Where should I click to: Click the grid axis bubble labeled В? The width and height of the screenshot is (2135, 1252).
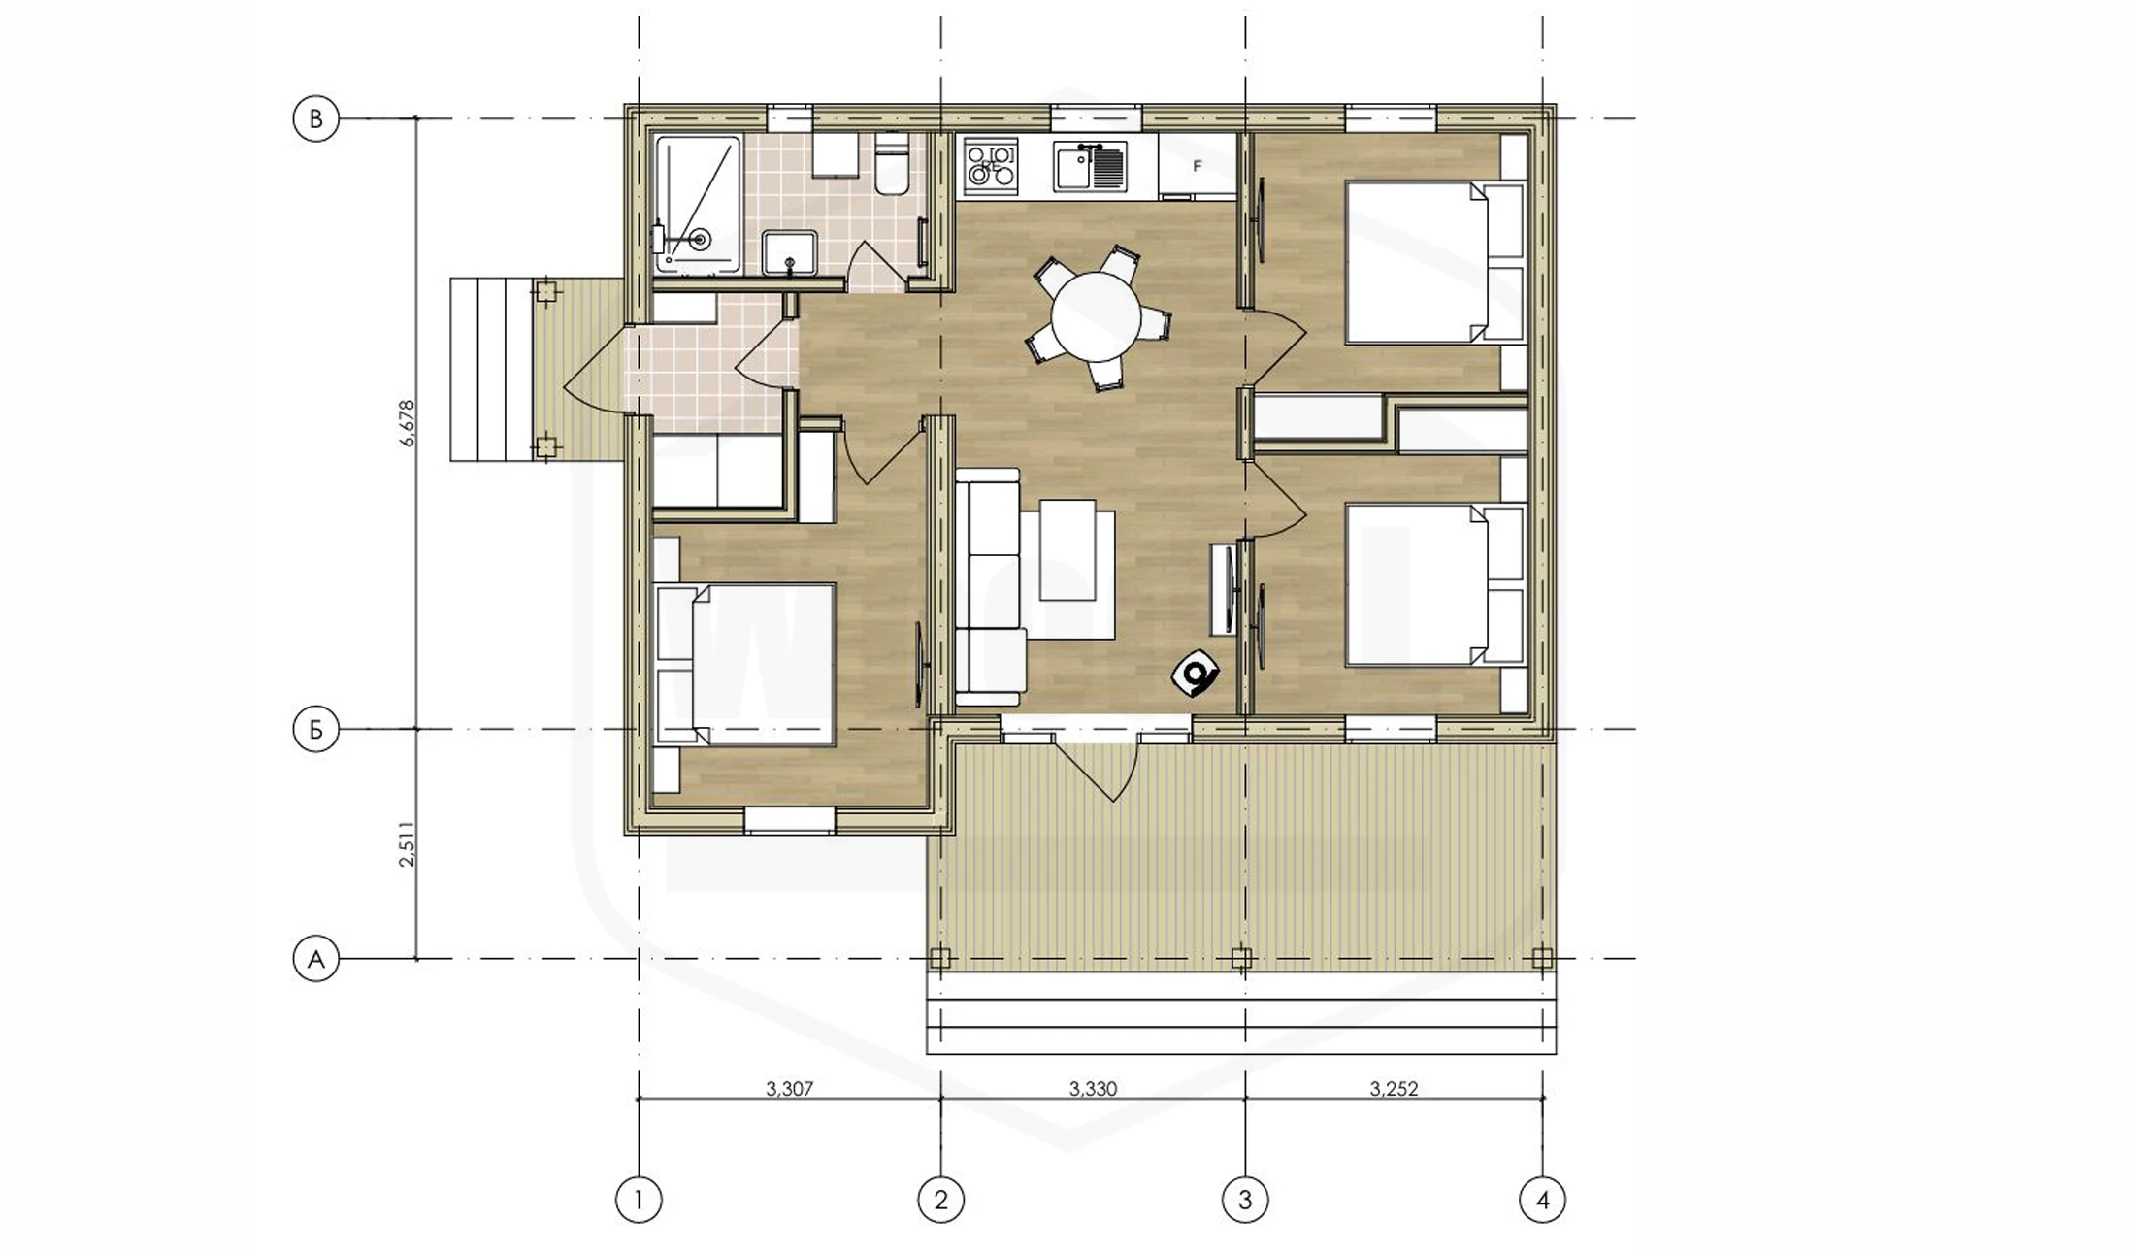click(315, 119)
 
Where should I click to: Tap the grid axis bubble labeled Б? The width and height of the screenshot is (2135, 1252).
click(315, 730)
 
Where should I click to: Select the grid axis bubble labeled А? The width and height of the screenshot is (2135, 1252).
click(315, 960)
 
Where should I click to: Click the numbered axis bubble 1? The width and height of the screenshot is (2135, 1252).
click(639, 1201)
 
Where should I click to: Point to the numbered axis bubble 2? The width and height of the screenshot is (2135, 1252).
click(940, 1201)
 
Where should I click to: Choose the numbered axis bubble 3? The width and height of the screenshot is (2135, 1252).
click(1245, 1201)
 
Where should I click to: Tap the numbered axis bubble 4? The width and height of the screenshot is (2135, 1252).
click(1543, 1201)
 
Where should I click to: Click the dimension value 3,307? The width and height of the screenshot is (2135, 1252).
click(789, 1089)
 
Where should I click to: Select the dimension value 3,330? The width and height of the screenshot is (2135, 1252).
click(1093, 1089)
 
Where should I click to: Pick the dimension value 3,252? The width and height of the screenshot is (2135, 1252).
click(1394, 1089)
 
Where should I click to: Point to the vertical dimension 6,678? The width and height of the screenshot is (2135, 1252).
click(408, 423)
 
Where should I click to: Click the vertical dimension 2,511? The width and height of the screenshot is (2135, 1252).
click(408, 844)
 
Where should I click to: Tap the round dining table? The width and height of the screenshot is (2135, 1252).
click(1097, 316)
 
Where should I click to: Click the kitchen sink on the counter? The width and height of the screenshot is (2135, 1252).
click(1091, 166)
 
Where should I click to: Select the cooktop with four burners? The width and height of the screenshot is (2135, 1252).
click(991, 166)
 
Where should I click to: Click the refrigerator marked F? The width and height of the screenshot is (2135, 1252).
click(1198, 167)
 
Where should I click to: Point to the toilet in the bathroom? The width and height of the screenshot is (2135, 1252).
click(890, 164)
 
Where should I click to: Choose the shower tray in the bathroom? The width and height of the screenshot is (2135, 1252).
click(698, 204)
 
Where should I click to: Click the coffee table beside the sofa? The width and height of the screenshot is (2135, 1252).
click(1067, 549)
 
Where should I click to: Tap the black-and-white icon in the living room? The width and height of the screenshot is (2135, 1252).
click(1196, 673)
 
